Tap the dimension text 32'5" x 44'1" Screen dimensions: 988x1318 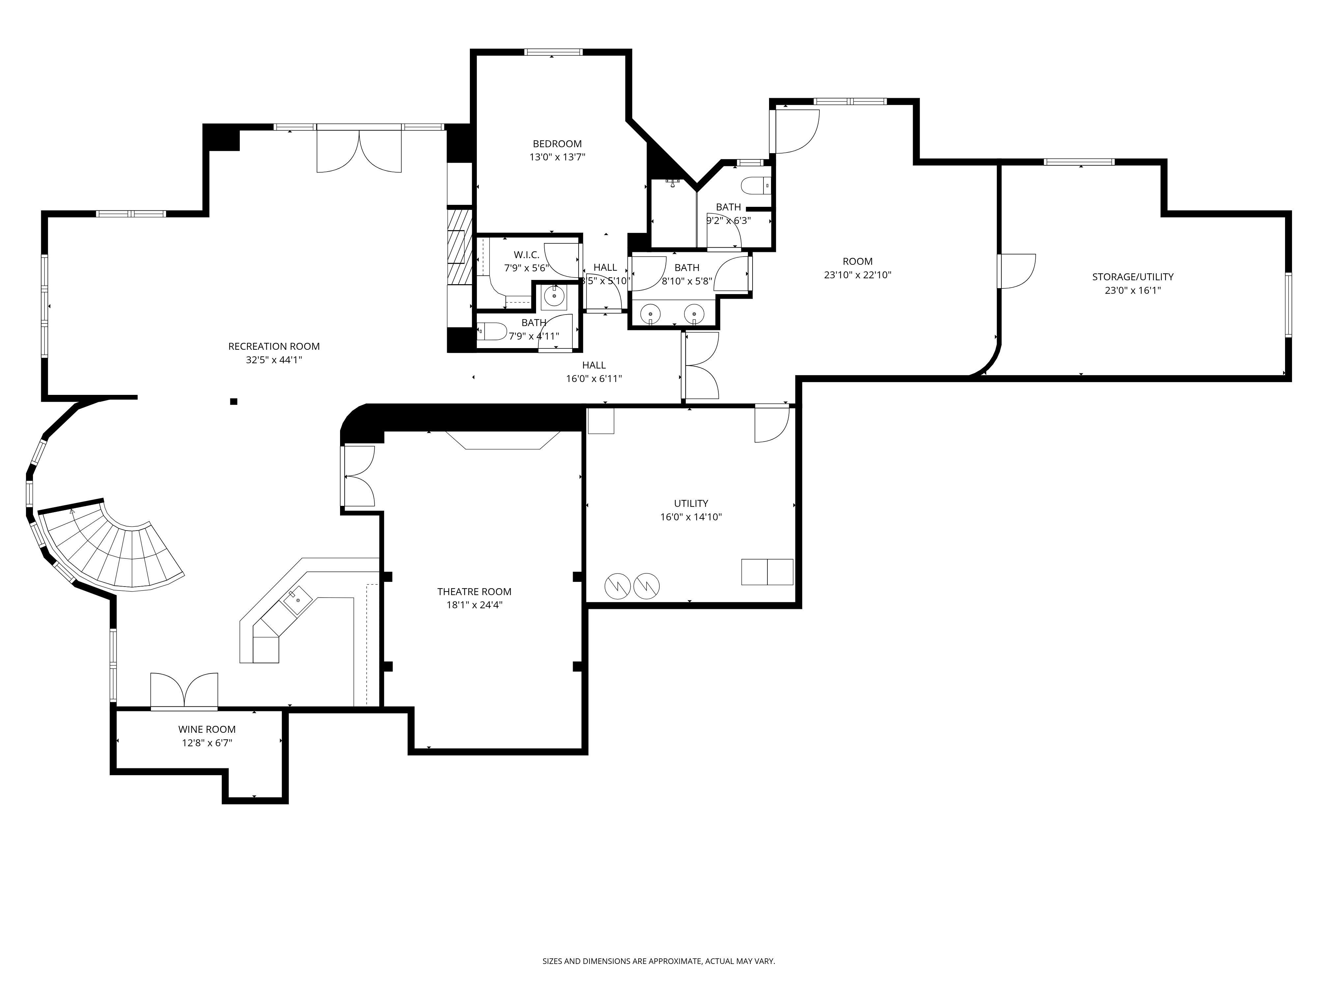coord(274,360)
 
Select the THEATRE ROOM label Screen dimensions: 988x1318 coord(474,591)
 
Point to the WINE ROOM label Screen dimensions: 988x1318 coord(207,729)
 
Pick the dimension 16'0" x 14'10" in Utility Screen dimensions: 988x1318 coord(691,517)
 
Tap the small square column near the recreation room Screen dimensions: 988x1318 coord(234,401)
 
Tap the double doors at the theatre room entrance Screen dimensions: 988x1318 coord(359,477)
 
